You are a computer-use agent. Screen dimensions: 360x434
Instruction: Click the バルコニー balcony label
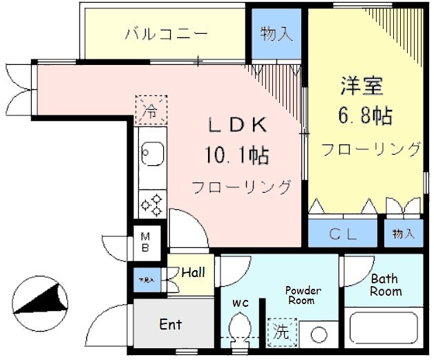[x=166, y=33]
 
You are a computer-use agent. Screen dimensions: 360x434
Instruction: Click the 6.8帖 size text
[x=364, y=115]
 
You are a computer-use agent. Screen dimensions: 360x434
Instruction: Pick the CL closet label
[x=343, y=234]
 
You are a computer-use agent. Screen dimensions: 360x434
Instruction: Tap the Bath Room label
[x=385, y=285]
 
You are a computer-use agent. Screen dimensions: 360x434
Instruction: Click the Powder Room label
[x=303, y=295]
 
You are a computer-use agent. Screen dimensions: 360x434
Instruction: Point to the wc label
[x=240, y=302]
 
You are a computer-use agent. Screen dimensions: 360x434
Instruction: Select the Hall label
[x=193, y=272]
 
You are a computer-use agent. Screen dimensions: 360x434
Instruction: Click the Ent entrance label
[x=171, y=324]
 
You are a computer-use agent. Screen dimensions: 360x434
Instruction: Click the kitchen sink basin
[x=151, y=152]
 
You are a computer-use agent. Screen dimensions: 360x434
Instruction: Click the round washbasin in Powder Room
[x=319, y=334]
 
